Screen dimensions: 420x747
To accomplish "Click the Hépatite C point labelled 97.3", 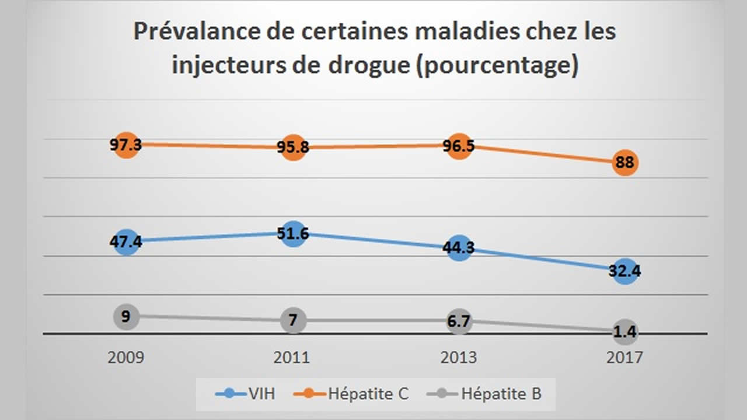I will [126, 145].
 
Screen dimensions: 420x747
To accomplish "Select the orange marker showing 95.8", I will [293, 148].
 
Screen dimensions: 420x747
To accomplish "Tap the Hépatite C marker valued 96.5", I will [459, 146].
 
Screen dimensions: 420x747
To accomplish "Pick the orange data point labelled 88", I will [625, 163].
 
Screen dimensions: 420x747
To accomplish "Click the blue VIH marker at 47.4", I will [126, 241].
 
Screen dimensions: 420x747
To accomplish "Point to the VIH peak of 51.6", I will [293, 233].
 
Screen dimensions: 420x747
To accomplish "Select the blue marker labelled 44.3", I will [459, 247].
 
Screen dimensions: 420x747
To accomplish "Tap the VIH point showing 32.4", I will [625, 271].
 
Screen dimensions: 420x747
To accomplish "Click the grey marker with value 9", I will [126, 317].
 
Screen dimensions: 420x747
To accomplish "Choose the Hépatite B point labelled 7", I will [293, 321].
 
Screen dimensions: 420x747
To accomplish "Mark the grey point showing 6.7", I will [459, 321].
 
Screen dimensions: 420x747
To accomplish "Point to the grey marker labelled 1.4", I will [625, 332].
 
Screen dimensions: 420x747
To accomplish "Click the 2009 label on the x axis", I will [126, 357].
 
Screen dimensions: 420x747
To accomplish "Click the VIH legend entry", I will [246, 394].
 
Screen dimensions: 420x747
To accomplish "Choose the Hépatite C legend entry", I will [355, 394].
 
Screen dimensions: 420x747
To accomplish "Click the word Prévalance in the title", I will [187, 32].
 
